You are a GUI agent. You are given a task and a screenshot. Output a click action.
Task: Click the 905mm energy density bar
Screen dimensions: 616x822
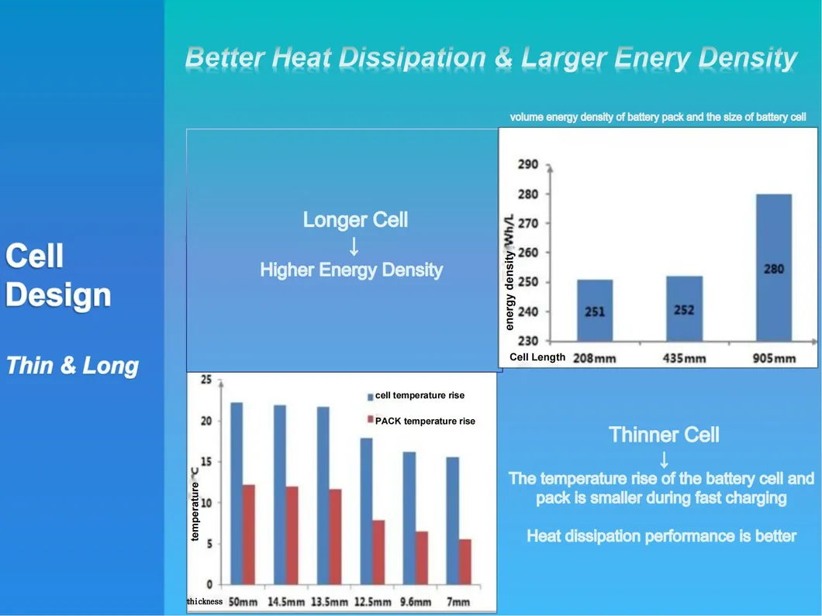pos(773,267)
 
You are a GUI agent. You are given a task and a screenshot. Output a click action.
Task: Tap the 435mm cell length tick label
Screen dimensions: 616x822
pos(684,358)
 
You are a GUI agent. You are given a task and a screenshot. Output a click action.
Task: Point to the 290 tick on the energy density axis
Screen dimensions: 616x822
pos(528,165)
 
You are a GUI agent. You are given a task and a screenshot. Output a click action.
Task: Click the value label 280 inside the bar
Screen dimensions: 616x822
pos(773,269)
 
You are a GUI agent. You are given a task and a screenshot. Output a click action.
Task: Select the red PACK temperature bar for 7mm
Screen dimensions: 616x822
pos(465,562)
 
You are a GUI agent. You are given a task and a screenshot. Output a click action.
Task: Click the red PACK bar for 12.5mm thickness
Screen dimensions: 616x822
pos(378,552)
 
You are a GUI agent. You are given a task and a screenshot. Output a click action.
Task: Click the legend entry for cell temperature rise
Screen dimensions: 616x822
pos(419,395)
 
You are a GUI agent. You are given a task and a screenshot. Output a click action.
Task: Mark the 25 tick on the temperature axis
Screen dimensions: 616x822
pos(206,380)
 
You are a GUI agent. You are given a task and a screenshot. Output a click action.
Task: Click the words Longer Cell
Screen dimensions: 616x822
pos(355,220)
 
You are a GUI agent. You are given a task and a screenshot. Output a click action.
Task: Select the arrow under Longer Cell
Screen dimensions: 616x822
pos(354,246)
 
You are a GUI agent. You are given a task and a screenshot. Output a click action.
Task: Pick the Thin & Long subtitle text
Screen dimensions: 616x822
pos(72,366)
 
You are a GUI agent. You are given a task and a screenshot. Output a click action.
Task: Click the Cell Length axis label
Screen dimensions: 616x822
pos(537,357)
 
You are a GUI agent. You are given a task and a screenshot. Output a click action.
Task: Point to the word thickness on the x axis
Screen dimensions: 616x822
pos(205,601)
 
